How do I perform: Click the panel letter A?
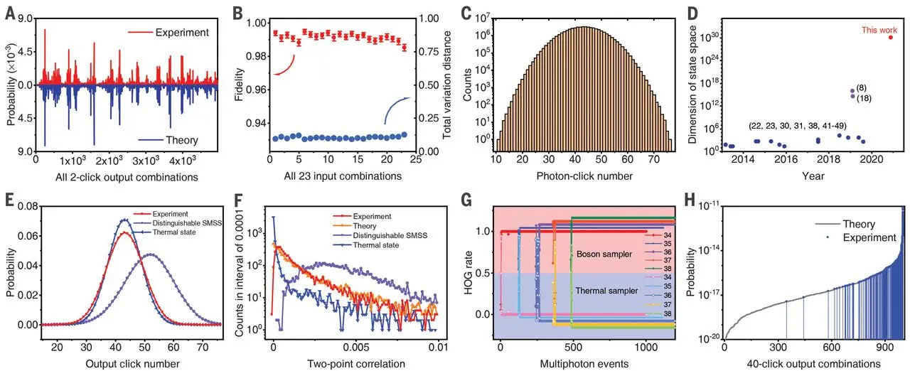coord(9,11)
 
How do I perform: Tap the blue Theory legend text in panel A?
coord(181,140)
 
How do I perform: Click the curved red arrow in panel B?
coord(287,66)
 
